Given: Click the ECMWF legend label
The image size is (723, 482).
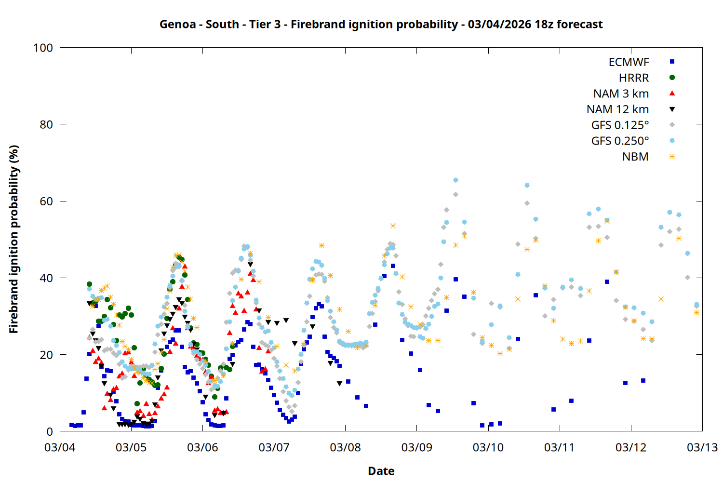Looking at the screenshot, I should tap(629, 62).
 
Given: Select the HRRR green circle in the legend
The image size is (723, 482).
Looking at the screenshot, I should tap(672, 78).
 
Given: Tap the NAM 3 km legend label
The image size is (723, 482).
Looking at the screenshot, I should tap(621, 94).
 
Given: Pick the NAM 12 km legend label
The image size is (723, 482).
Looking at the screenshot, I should tap(617, 109).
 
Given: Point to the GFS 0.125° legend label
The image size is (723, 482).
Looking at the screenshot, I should tap(620, 125).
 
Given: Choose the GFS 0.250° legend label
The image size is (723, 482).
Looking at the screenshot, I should tap(620, 141).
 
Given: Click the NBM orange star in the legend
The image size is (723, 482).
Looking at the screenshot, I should tap(672, 157).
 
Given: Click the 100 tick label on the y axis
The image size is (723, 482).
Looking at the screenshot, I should tap(43, 48).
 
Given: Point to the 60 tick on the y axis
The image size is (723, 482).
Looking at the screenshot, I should tap(46, 201).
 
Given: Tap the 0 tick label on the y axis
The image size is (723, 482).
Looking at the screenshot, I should tap(50, 431).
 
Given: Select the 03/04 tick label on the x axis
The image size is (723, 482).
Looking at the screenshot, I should tap(60, 447).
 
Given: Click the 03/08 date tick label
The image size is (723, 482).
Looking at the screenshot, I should tap(345, 447).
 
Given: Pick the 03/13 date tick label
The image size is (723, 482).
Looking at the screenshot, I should tap(702, 447).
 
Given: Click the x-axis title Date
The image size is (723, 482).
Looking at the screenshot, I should tap(381, 471).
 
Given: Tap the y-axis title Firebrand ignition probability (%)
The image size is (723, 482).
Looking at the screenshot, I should tap(13, 239).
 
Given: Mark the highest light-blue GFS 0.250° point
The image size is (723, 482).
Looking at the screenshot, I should tap(455, 180).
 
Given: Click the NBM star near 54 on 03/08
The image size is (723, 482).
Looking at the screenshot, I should tap(393, 226).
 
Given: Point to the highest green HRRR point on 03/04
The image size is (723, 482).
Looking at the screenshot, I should tap(89, 284).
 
